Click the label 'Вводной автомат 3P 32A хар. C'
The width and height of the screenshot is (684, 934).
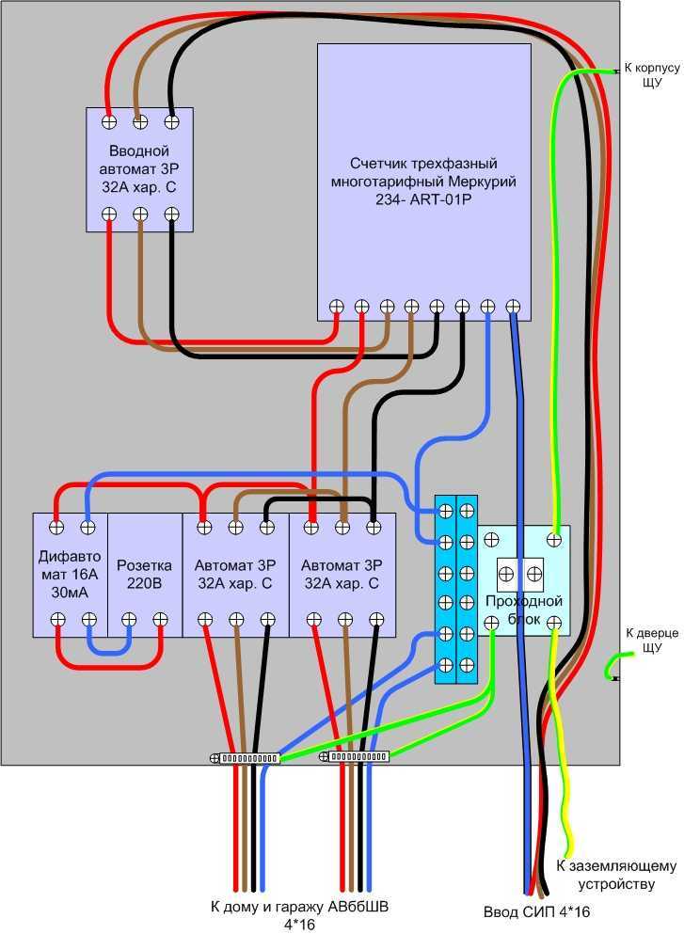coord(139,168)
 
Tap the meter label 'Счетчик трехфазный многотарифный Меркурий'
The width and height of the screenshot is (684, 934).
coord(423,172)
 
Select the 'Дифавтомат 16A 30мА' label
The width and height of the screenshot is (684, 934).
coord(70,574)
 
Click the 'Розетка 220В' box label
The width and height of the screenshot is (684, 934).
coord(144,574)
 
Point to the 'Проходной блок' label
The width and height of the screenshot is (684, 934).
coord(524,609)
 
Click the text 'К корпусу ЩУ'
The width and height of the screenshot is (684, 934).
coord(652,75)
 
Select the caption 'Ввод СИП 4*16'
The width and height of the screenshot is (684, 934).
coord(536,911)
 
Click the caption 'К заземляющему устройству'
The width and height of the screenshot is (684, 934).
coord(616,875)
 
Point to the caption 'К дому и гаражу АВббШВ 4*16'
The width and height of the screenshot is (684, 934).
coord(299,915)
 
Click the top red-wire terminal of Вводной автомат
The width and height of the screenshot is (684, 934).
coord(109,122)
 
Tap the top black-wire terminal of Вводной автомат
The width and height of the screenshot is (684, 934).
coord(171,122)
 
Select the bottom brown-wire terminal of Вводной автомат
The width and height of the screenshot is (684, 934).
coord(140,214)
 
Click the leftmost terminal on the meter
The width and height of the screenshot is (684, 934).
coord(337,307)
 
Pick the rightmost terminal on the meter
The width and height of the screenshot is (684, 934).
coord(513,307)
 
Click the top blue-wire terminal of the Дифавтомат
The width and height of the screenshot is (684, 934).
coord(87,527)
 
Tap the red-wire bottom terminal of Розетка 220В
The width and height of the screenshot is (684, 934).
coord(160,620)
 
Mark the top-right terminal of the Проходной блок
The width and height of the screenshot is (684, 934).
coord(554,540)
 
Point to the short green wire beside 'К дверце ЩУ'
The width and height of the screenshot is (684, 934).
coord(612,664)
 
